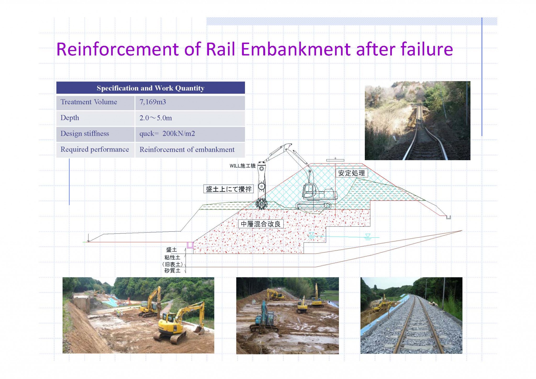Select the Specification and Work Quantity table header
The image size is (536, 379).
coord(150,88)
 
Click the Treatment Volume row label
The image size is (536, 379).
coord(89,102)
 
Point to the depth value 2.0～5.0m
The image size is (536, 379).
coord(156,118)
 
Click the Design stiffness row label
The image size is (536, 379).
coord(85,133)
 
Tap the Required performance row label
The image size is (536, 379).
coord(95,149)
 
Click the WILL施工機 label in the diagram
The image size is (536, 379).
coord(242,166)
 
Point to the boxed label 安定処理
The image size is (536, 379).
coord(351,173)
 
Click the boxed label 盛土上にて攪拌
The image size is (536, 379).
coord(228,189)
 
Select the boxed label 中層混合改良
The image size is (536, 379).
coord(261,224)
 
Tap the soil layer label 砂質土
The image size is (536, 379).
coord(172,271)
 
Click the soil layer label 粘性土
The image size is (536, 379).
coord(172,258)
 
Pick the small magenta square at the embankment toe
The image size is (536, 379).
coord(190,245)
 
